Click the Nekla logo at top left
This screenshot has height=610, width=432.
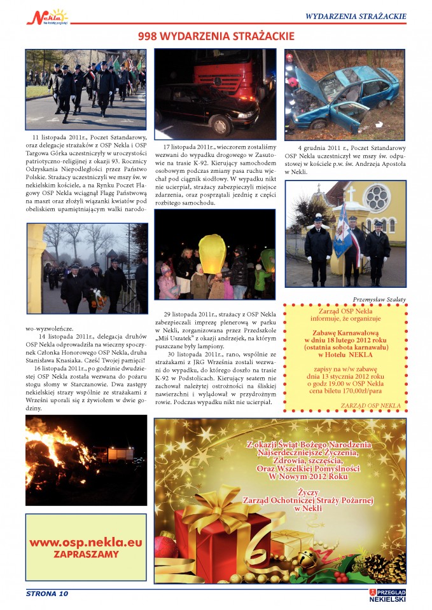pos(46,16)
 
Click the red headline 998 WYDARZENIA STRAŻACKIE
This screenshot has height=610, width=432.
pos(216,36)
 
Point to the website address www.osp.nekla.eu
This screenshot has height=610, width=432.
pos(85,543)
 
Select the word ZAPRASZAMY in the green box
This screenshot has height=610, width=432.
pos(85,553)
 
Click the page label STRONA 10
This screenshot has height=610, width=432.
pos(46,593)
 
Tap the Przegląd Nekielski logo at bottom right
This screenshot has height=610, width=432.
pos(387,595)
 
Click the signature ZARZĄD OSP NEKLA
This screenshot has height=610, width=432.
pos(370,405)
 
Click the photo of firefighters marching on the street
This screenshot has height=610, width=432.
pos(85,90)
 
